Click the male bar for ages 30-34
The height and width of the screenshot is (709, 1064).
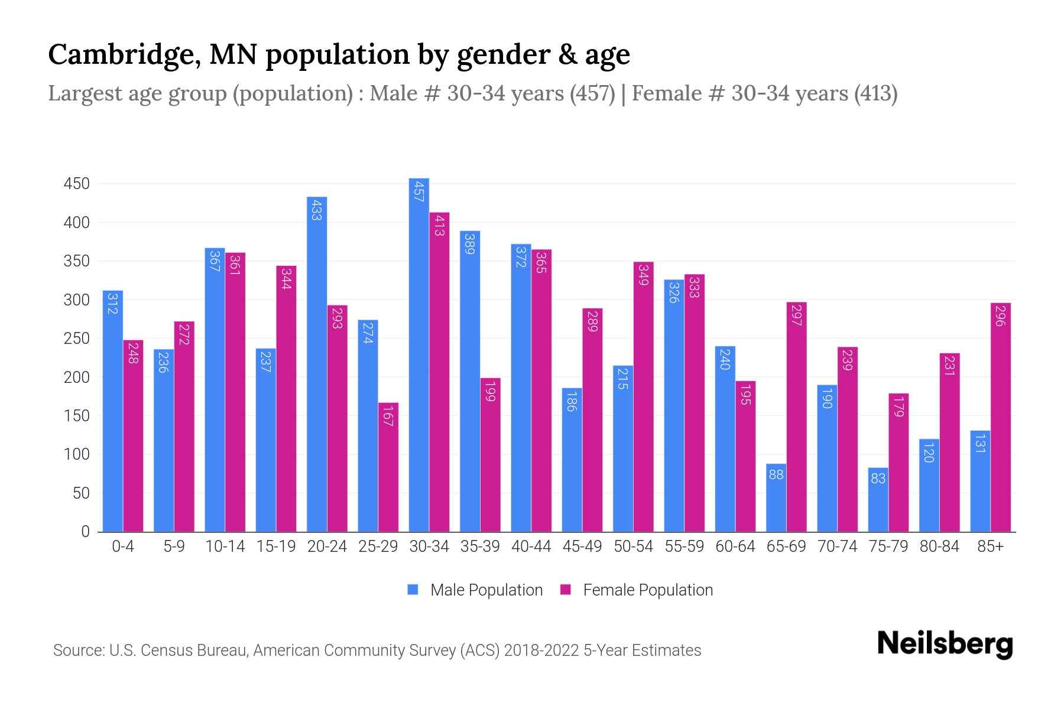click(x=419, y=354)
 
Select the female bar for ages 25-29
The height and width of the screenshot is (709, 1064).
click(x=388, y=467)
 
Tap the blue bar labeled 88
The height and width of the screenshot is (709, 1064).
click(x=776, y=497)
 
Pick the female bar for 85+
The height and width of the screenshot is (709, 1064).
click(x=1000, y=417)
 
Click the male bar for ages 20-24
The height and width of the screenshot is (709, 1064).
click(x=317, y=364)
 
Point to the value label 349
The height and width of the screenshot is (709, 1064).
click(x=644, y=274)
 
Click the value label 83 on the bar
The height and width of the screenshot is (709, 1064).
click(x=878, y=478)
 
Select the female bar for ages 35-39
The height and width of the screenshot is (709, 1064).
click(x=490, y=455)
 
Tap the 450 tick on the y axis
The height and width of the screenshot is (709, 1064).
click(x=77, y=184)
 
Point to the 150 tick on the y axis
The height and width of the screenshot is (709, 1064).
click(x=77, y=416)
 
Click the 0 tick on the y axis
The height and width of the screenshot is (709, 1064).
click(x=86, y=532)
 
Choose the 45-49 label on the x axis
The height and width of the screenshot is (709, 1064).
click(x=582, y=547)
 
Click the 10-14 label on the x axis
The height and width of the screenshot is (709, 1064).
click(x=225, y=547)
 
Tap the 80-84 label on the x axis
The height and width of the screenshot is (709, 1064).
click(x=939, y=547)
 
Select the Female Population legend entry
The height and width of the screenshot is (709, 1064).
click(x=637, y=590)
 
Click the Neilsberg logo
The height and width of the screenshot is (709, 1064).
click(x=945, y=644)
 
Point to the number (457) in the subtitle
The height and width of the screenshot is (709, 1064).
click(x=592, y=93)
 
